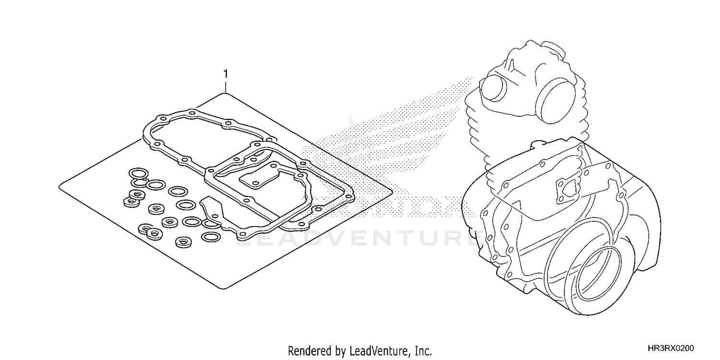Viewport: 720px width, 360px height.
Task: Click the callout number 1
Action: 226,74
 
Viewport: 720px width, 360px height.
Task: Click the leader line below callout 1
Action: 226,86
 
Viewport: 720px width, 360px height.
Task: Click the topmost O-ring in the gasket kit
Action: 139,173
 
